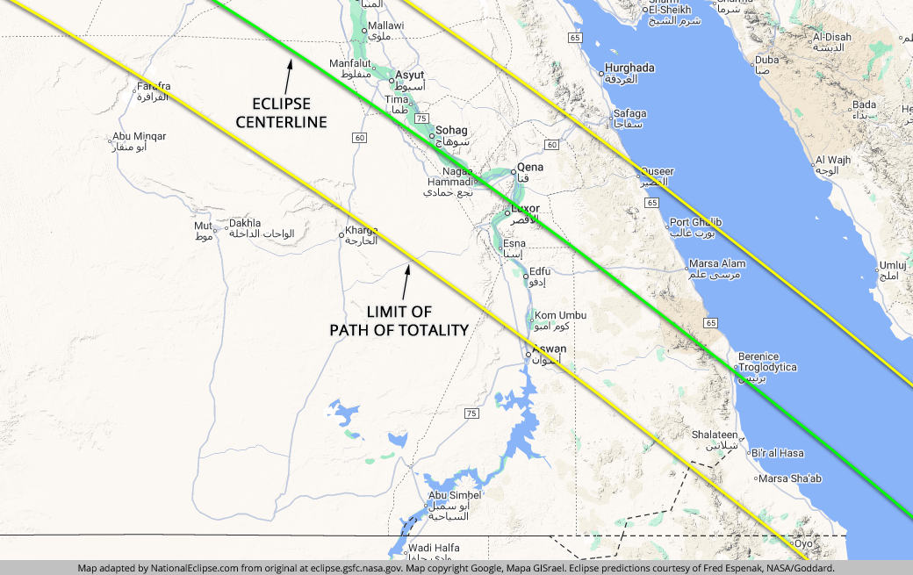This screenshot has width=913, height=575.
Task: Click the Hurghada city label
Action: point(630,68)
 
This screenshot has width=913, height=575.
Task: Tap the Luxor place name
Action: point(525,208)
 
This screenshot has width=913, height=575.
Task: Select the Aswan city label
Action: point(550,349)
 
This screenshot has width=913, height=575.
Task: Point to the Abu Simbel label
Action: point(455,495)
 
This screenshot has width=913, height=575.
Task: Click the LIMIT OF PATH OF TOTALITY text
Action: point(399,320)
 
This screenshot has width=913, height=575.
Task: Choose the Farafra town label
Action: point(153,86)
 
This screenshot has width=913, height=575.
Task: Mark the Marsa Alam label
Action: point(716,263)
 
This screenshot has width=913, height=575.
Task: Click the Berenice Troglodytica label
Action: point(767,362)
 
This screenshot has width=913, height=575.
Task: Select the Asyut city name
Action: point(410,75)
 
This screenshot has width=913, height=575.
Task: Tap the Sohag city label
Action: point(451,130)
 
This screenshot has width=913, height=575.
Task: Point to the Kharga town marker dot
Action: point(341,235)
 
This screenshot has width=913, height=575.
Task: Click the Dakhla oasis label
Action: point(244,223)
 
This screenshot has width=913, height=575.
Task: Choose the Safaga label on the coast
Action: point(629,113)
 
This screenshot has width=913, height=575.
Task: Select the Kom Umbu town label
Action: point(560,315)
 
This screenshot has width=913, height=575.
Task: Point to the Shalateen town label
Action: point(715,435)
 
